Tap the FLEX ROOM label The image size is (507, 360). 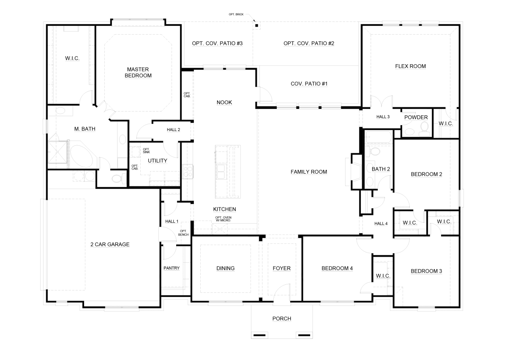pyautogui.click(x=410, y=66)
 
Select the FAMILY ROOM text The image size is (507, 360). pyautogui.click(x=309, y=172)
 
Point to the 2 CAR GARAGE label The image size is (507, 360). pyautogui.click(x=110, y=244)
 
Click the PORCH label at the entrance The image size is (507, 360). pyautogui.click(x=281, y=319)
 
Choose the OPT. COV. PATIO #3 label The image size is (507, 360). pyautogui.click(x=217, y=43)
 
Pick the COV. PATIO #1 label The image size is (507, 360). pyautogui.click(x=309, y=84)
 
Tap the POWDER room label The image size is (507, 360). pyautogui.click(x=416, y=117)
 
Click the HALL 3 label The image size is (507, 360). pyautogui.click(x=383, y=117)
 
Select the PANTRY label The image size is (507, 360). pyautogui.click(x=172, y=268)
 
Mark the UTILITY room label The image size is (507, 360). pyautogui.click(x=158, y=161)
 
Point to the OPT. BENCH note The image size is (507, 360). pyautogui.click(x=183, y=232)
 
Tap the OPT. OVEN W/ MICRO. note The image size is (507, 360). pyautogui.click(x=224, y=218)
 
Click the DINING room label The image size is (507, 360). pyautogui.click(x=225, y=268)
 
